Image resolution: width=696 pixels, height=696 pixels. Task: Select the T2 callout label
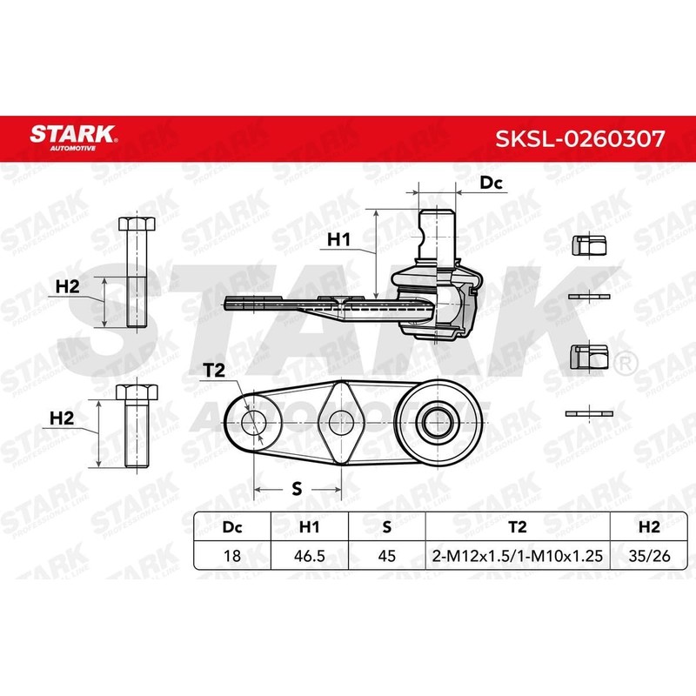[214, 371]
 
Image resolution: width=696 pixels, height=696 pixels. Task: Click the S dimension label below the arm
[297, 489]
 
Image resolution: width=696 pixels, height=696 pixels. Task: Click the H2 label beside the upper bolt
[67, 285]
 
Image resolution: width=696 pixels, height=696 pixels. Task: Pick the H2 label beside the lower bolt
[61, 418]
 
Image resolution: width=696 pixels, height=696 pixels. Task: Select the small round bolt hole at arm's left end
[254, 424]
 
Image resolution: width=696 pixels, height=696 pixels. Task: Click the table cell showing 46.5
[310, 554]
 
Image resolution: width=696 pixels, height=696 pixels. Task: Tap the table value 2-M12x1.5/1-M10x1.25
[517, 554]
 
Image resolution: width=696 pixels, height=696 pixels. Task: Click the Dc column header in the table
[231, 526]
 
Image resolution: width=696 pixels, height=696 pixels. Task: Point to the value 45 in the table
[385, 554]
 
